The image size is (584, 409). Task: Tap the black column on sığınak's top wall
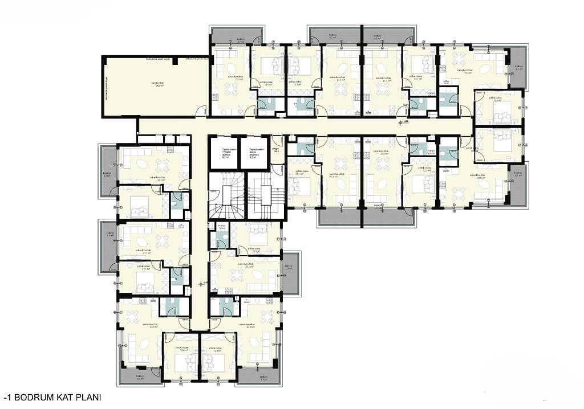(x=178, y=59)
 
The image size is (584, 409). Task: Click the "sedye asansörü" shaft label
(x=254, y=153)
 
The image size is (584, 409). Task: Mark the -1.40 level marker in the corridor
(x=404, y=122)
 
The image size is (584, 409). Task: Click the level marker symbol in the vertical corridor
(x=200, y=283)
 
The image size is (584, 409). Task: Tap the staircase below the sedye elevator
(x=265, y=197)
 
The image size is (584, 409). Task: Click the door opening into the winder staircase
(x=217, y=192)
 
